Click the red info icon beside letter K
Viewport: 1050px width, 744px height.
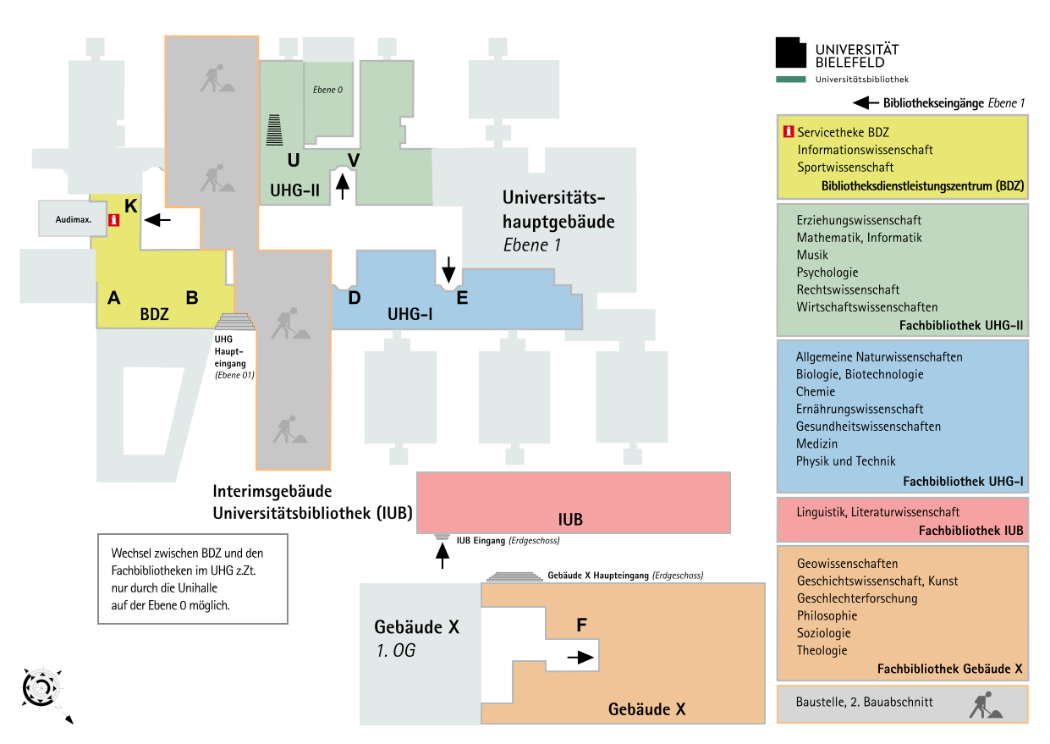coord(114,220)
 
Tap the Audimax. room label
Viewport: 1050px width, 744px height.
coord(74,219)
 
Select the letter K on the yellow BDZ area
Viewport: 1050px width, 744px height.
coord(131,206)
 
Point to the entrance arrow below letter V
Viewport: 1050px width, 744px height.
coord(343,186)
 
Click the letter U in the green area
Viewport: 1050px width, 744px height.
coord(294,160)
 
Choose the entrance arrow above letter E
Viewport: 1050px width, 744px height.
coord(448,269)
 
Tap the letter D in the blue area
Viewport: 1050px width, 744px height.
coord(355,298)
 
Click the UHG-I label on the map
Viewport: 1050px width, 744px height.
coord(410,314)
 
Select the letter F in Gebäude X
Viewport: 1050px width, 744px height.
coord(581,625)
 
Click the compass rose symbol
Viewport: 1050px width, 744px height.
coord(42,688)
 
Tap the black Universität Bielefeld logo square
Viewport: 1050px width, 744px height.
coord(791,52)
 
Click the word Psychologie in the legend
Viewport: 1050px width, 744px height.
coord(827,273)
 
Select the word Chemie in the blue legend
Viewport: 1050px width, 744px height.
coord(816,391)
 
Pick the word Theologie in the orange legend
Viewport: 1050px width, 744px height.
coord(822,650)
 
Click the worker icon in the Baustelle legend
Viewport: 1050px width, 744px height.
coord(986,704)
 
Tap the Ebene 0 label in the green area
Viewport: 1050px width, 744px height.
coord(327,90)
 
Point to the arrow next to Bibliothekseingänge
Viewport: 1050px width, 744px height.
coord(866,102)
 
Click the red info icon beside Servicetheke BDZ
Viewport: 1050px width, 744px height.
coord(789,132)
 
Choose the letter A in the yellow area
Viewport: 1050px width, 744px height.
coord(114,298)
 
